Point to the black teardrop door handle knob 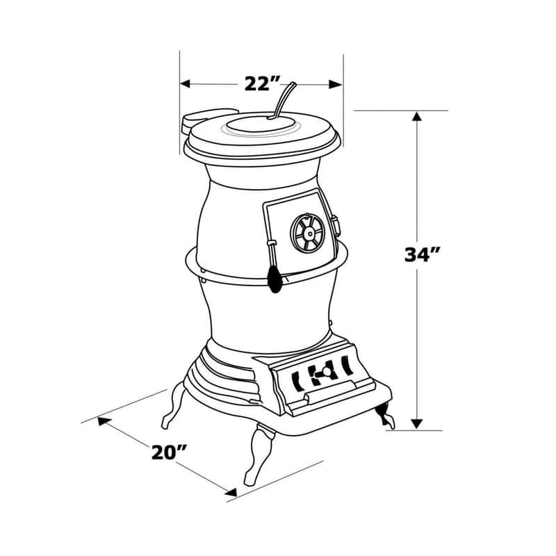click(x=275, y=281)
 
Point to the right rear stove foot click(x=384, y=416)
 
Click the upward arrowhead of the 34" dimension click(x=416, y=117)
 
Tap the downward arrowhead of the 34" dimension click(x=416, y=423)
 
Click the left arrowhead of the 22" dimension click(x=186, y=84)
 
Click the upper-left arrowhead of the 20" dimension click(x=103, y=420)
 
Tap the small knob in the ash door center click(x=321, y=375)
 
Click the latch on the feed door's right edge click(x=336, y=226)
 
